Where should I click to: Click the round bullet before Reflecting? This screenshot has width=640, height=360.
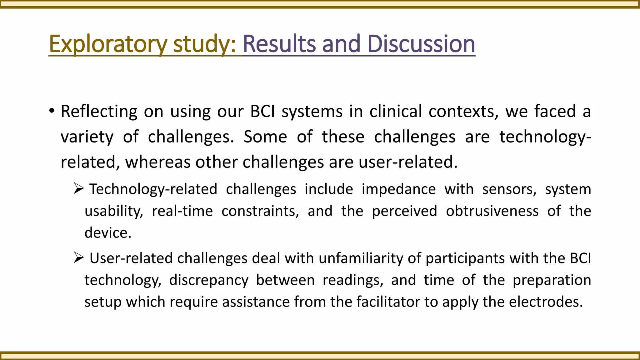click(x=52, y=111)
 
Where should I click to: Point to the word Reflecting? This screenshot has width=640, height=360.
click(x=99, y=112)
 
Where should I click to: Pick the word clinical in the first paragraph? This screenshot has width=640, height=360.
click(x=396, y=111)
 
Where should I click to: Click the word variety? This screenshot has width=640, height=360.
click(x=87, y=137)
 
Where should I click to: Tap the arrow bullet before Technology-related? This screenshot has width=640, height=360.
click(x=78, y=188)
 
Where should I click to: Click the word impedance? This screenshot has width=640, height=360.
click(x=399, y=189)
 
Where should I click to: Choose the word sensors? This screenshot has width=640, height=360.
click(x=509, y=189)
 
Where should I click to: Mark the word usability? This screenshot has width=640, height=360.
click(x=114, y=211)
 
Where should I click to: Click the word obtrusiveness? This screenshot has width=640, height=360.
click(x=492, y=211)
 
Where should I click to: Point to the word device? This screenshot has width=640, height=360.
click(x=108, y=233)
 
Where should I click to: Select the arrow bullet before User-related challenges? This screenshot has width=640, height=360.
click(x=78, y=257)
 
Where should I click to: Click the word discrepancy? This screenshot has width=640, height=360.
click(x=209, y=280)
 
